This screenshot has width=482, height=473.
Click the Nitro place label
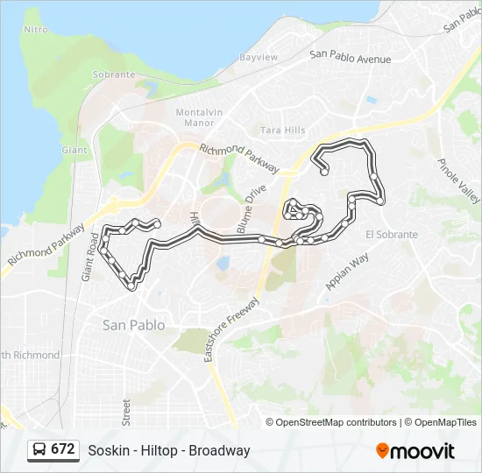pos(36,29)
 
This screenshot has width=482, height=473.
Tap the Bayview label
pos(259,58)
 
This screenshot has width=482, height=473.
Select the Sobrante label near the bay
pos(114,74)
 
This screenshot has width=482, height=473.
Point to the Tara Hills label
pos(283,131)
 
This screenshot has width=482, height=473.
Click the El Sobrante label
pos(391,235)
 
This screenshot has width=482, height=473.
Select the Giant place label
pos(74,150)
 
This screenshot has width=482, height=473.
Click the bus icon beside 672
pos(39,449)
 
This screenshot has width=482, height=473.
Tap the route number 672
pos(62,449)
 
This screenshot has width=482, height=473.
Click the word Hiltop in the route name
pos(150,451)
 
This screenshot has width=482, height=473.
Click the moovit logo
pos(415,451)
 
